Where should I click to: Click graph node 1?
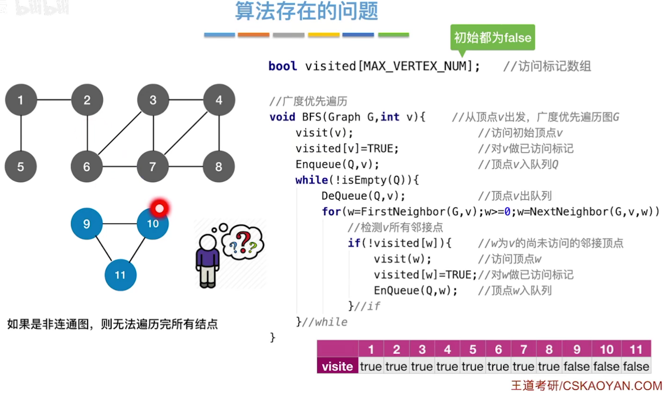21,100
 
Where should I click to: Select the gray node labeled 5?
21,167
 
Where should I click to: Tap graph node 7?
153,167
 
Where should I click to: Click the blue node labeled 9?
87,224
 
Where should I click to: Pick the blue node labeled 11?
120,274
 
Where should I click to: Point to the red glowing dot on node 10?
159,208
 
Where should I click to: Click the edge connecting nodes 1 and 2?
54,100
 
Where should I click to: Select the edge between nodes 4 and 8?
219,133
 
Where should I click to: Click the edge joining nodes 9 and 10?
120,224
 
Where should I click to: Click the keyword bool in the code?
283,66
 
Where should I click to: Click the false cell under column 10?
606,366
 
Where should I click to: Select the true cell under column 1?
371,366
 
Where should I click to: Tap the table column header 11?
636,349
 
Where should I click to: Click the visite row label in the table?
337,366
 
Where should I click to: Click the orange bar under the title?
253,35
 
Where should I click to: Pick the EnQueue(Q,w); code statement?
415,290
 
